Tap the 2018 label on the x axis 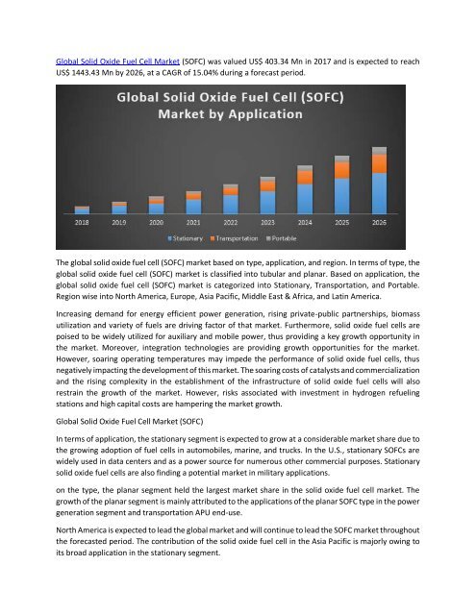point(82,221)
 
